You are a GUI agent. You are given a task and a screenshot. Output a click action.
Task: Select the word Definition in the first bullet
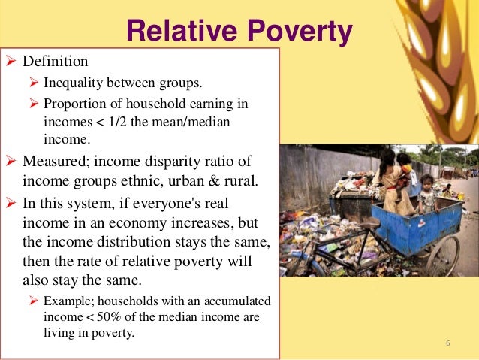click(x=55, y=60)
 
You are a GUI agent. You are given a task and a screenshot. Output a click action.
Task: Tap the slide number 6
click(x=447, y=344)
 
